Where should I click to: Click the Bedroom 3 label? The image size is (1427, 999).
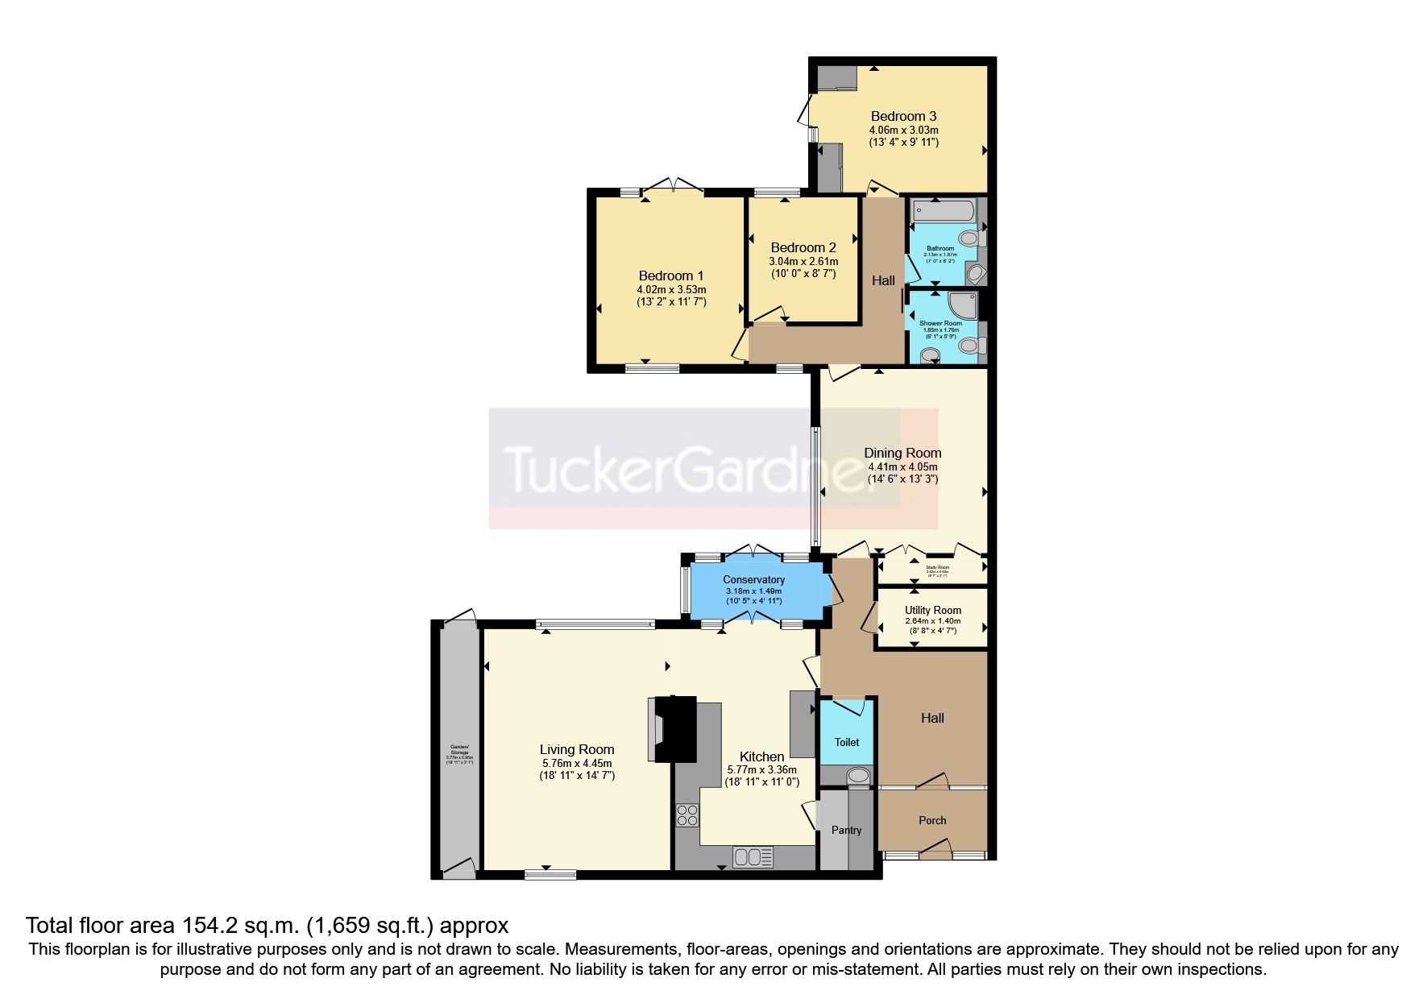[x=903, y=116]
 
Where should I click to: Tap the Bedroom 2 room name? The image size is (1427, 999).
[x=803, y=247]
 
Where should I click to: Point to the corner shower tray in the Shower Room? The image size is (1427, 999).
[x=964, y=305]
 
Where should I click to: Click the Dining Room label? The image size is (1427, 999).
[x=902, y=453]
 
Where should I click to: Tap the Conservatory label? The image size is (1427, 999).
[x=753, y=579]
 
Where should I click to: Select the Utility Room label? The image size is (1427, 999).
[x=932, y=610]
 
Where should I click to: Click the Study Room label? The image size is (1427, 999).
[x=936, y=567]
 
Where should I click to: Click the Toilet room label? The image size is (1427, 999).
[x=846, y=742]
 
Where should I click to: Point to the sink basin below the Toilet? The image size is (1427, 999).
[x=858, y=776]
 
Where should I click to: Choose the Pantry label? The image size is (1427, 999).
[x=846, y=830]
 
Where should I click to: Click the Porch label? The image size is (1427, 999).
[x=932, y=820]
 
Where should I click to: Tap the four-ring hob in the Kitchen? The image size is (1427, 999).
[x=687, y=815]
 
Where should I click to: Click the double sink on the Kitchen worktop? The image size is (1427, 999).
[x=753, y=856]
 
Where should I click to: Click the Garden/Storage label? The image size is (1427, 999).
[x=458, y=750]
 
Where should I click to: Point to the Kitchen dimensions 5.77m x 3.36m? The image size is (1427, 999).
[x=761, y=769]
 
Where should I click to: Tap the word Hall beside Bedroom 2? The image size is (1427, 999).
[x=883, y=280]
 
